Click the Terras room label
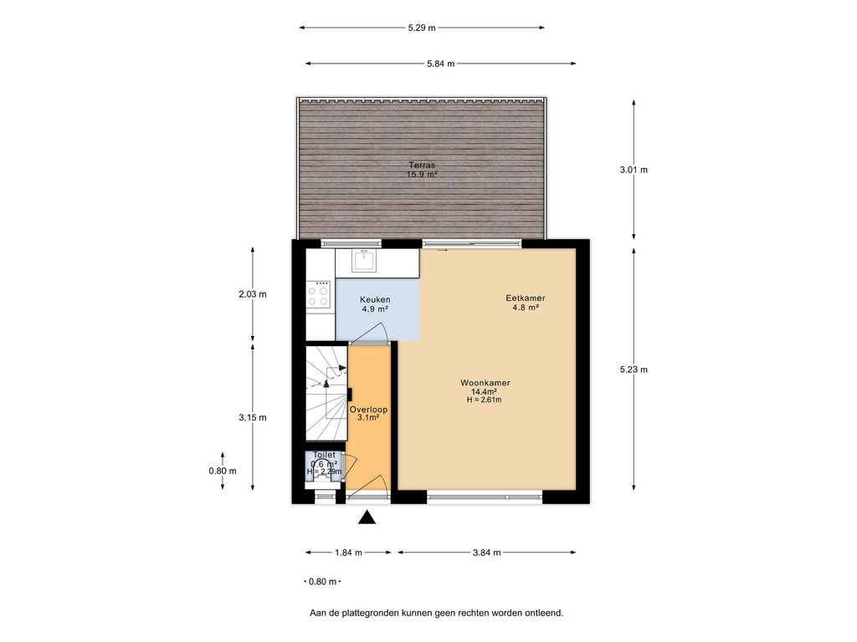tap(422, 165)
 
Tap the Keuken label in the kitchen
tap(375, 299)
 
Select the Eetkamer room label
tap(525, 298)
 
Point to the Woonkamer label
tap(485, 383)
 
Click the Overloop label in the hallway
tap(368, 410)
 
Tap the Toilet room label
tap(324, 455)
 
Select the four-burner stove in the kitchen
tap(319, 293)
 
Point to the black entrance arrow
tap(367, 518)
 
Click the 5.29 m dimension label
tap(422, 28)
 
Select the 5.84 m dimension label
tap(440, 64)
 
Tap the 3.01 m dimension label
tap(634, 170)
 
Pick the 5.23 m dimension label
tap(634, 369)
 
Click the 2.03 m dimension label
tap(252, 294)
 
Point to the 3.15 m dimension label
tap(252, 418)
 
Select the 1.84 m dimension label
tap(348, 553)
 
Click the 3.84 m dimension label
tap(486, 553)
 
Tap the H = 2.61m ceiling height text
tap(485, 400)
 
